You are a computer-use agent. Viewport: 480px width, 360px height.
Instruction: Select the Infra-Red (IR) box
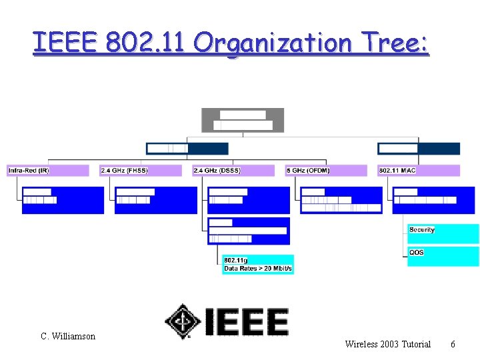(x=47, y=171)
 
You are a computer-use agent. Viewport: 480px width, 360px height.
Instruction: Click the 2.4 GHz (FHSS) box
(x=140, y=171)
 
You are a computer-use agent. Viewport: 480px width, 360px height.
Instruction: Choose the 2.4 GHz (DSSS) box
(x=233, y=171)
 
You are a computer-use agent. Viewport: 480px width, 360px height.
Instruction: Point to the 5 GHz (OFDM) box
(x=326, y=171)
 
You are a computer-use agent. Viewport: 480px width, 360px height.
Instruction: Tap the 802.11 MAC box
(x=419, y=171)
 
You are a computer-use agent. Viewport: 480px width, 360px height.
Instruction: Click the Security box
(x=443, y=234)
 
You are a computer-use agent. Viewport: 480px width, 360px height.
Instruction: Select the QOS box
(x=443, y=257)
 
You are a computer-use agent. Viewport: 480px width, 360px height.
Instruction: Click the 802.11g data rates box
(x=258, y=264)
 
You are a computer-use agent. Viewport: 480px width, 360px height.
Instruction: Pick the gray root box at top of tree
(x=243, y=120)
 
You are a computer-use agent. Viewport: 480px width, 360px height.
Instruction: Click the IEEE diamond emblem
(x=183, y=321)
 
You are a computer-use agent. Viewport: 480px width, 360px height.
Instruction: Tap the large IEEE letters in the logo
(x=247, y=321)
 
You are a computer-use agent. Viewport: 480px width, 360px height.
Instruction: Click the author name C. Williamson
(x=68, y=336)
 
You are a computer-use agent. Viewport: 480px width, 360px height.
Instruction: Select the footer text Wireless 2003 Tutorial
(x=387, y=344)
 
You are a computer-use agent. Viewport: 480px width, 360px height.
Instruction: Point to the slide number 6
(x=453, y=344)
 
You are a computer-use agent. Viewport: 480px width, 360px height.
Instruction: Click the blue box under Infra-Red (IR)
(x=63, y=200)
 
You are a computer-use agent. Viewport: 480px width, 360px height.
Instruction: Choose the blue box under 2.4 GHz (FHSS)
(x=156, y=200)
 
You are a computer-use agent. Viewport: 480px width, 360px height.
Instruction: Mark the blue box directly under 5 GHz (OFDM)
(x=341, y=200)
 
